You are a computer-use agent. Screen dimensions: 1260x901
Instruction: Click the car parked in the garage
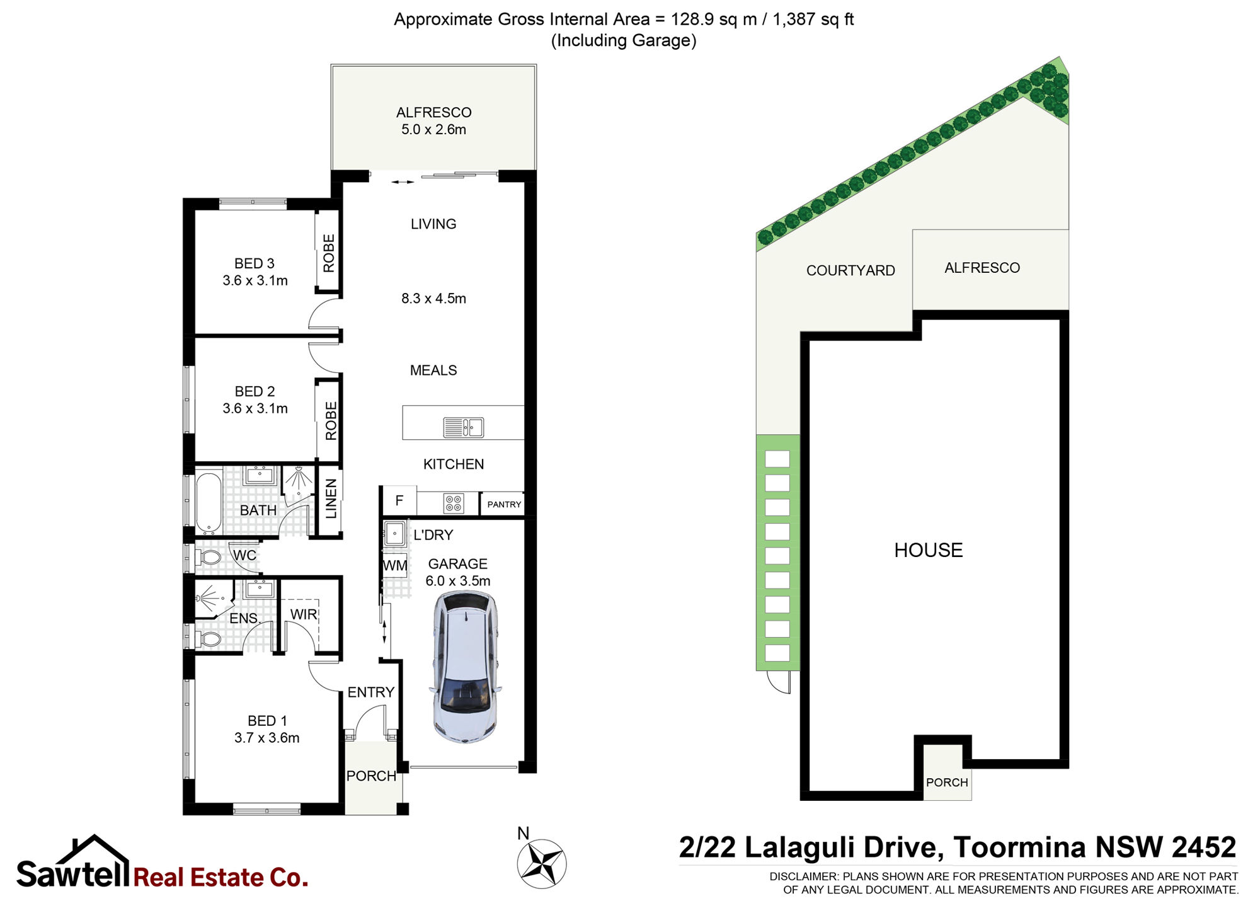466,667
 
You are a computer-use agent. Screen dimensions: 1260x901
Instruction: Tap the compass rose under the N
542,864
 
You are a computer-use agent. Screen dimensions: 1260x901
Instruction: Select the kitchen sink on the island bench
464,427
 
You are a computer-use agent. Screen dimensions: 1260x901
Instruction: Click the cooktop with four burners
454,503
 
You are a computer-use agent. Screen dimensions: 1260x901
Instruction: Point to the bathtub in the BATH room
208,503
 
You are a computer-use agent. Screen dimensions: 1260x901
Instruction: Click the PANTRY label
504,504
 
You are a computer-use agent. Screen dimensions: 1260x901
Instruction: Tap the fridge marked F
399,501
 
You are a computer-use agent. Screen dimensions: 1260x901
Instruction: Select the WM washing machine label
395,565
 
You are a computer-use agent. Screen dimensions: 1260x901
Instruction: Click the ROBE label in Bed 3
329,253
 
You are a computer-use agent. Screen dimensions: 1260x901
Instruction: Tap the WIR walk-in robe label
304,614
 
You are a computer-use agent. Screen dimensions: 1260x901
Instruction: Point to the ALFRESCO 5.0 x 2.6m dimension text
433,129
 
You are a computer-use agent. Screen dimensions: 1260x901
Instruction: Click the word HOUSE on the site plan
929,550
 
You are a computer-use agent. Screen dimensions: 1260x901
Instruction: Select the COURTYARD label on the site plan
850,270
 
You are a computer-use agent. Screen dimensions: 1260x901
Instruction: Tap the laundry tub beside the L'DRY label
395,534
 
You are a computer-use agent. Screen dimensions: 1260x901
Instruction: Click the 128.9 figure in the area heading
692,19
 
